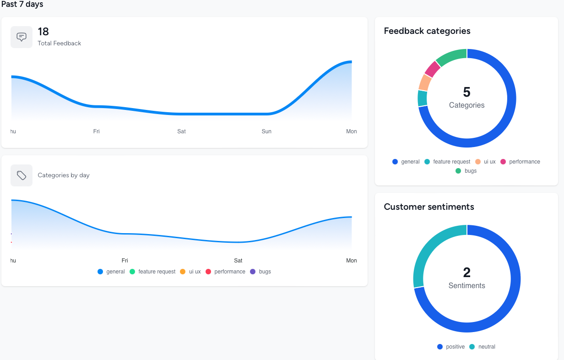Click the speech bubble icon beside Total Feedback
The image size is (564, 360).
(22, 37)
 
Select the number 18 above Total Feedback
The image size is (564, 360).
(43, 32)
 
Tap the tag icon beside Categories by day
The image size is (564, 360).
(22, 175)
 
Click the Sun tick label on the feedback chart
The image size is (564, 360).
(266, 131)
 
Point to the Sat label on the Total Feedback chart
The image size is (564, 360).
(182, 131)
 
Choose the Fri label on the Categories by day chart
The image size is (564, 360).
(125, 261)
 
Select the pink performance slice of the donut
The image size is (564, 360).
(432, 69)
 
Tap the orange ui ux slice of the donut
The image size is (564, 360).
(425, 82)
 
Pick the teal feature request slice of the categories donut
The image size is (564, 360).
(423, 98)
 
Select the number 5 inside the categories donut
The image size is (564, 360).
(466, 92)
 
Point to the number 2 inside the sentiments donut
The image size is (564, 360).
(466, 273)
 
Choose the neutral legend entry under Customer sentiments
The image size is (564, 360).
(483, 347)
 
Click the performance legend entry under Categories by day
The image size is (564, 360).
(226, 272)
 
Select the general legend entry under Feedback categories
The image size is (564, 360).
(406, 162)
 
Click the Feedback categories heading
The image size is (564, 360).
(427, 31)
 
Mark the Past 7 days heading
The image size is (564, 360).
(22, 5)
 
